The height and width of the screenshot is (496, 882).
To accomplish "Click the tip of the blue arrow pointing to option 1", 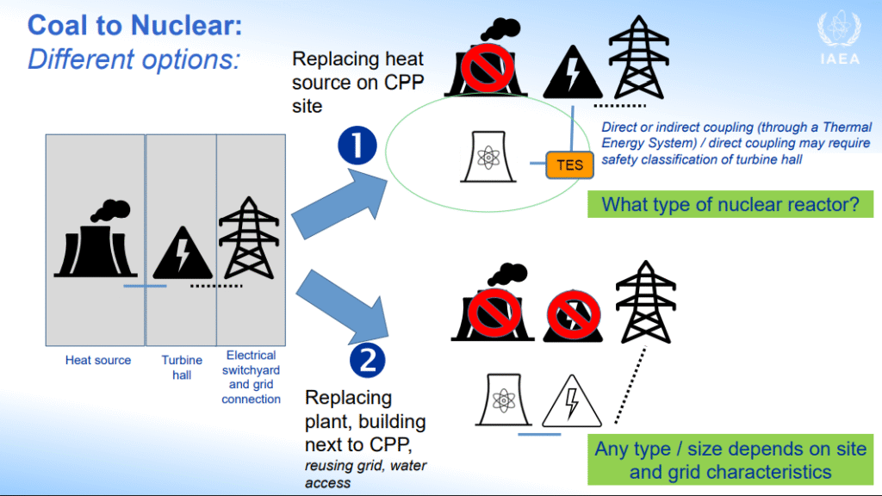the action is pyautogui.click(x=388, y=180).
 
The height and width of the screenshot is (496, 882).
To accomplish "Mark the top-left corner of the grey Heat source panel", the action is pyautogui.click(x=47, y=134).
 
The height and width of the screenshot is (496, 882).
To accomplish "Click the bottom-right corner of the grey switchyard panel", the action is pyautogui.click(x=285, y=345).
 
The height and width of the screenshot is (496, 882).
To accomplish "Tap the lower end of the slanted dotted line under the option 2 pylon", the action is pyautogui.click(x=616, y=422).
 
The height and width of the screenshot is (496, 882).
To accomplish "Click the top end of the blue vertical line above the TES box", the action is pyautogui.click(x=573, y=107).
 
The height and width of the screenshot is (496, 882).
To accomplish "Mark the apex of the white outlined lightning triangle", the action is pyautogui.click(x=572, y=375).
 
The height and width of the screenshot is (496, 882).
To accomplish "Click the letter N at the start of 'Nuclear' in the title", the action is pyautogui.click(x=140, y=26).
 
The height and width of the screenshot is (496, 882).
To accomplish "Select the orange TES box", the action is pyautogui.click(x=569, y=165).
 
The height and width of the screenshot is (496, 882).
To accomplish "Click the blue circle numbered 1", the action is pyautogui.click(x=357, y=145).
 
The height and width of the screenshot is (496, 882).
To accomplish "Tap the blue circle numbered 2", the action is pyautogui.click(x=367, y=361).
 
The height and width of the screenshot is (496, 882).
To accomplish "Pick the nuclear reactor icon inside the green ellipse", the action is pyautogui.click(x=488, y=157).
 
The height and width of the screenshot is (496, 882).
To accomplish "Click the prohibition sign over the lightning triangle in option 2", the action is pyautogui.click(x=573, y=315).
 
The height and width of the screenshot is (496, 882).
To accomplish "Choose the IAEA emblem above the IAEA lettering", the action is pyautogui.click(x=839, y=30).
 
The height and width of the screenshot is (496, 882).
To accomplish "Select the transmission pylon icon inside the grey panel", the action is pyautogui.click(x=249, y=238).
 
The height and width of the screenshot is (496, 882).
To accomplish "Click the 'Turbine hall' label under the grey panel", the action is pyautogui.click(x=182, y=367).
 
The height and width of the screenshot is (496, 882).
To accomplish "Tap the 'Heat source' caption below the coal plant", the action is pyautogui.click(x=98, y=360).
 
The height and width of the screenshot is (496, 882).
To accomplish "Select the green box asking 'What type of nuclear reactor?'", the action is pyautogui.click(x=730, y=204).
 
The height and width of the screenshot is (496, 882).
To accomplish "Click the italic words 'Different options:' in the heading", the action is pyautogui.click(x=134, y=59).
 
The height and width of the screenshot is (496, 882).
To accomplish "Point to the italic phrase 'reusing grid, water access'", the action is pyautogui.click(x=365, y=474).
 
